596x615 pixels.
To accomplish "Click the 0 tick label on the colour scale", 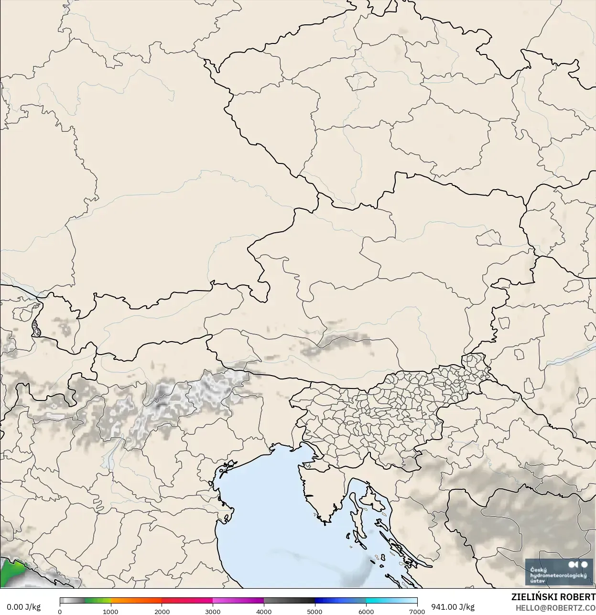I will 60,611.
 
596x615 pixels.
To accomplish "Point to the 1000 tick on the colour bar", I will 110,611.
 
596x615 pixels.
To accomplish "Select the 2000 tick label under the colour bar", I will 162,611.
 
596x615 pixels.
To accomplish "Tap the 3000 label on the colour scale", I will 213,611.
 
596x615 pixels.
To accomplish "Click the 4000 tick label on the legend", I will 264,611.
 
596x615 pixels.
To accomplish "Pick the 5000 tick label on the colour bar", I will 314,611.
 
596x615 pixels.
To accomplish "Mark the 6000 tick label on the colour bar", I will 366,611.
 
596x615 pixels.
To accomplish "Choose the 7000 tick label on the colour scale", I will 417,611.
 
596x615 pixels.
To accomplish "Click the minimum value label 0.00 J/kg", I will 23,607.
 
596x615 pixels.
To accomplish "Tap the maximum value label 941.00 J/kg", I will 453,607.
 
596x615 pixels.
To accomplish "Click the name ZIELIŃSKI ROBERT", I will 553,597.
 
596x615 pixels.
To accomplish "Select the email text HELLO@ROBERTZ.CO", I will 555,607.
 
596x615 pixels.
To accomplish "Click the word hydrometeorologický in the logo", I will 558,575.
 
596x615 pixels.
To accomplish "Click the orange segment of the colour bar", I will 136,601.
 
